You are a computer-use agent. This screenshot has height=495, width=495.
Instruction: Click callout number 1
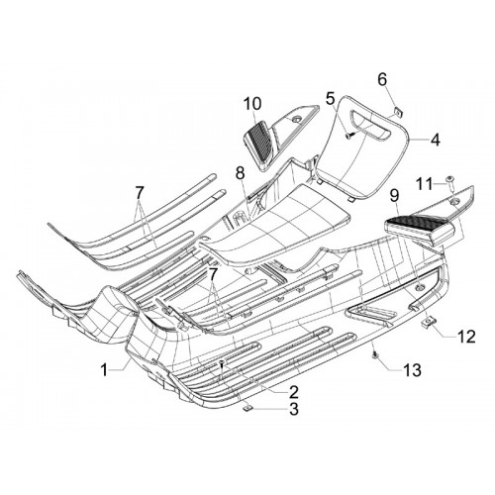point(104,370)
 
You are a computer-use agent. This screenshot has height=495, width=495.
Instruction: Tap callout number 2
point(293,392)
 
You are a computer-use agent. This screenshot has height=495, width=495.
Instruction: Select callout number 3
point(293,409)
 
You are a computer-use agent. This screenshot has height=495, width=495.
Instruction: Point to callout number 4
point(435,140)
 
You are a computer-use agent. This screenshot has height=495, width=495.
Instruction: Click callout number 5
point(331,99)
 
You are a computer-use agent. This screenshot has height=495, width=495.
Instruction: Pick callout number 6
point(382,79)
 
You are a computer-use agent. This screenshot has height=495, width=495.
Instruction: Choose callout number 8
point(241,173)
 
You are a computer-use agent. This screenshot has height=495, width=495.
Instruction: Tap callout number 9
point(395,196)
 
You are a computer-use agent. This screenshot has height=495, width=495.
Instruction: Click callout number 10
point(252,103)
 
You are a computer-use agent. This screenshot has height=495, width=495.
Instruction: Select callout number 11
point(424,184)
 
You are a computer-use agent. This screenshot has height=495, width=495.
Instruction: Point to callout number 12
point(466,337)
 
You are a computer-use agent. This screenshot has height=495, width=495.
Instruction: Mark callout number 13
point(412,370)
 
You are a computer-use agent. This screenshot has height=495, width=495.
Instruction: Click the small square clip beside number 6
point(399,112)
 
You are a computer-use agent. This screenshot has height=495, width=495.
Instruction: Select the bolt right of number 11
point(450,183)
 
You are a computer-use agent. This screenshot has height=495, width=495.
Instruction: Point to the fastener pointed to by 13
point(374,354)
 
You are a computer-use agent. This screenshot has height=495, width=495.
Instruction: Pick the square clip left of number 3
point(247,409)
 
